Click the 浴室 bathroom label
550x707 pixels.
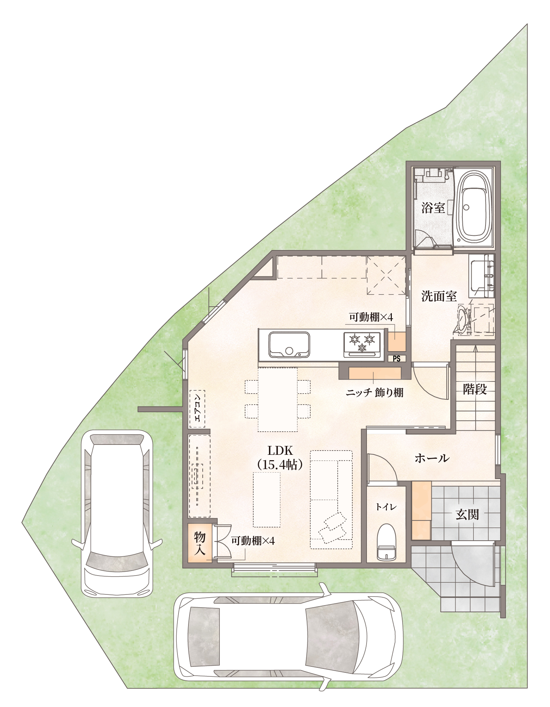433,208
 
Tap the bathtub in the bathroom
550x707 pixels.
473,208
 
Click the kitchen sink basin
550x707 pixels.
289,345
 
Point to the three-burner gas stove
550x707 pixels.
363,344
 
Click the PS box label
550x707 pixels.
396,359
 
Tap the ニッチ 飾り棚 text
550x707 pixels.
374,393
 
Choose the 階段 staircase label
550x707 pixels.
475,389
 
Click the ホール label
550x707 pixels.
432,458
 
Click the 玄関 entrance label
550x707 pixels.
467,515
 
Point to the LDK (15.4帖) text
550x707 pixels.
280,457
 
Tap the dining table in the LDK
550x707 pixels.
277,400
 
